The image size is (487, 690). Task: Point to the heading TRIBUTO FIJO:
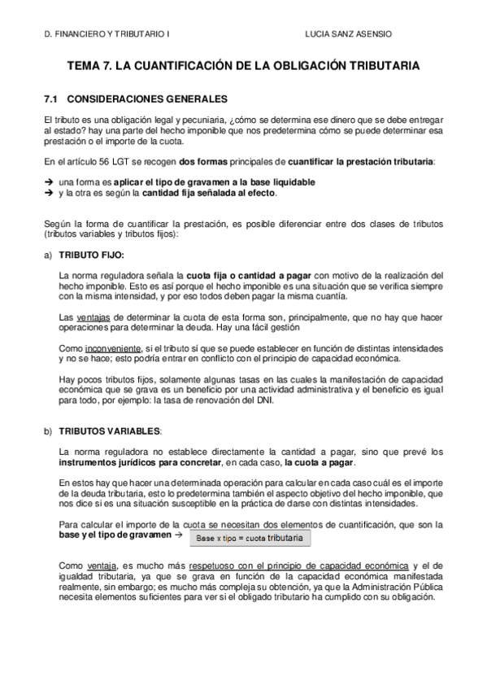pos(91,255)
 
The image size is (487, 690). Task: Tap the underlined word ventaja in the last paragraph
pos(95,564)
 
